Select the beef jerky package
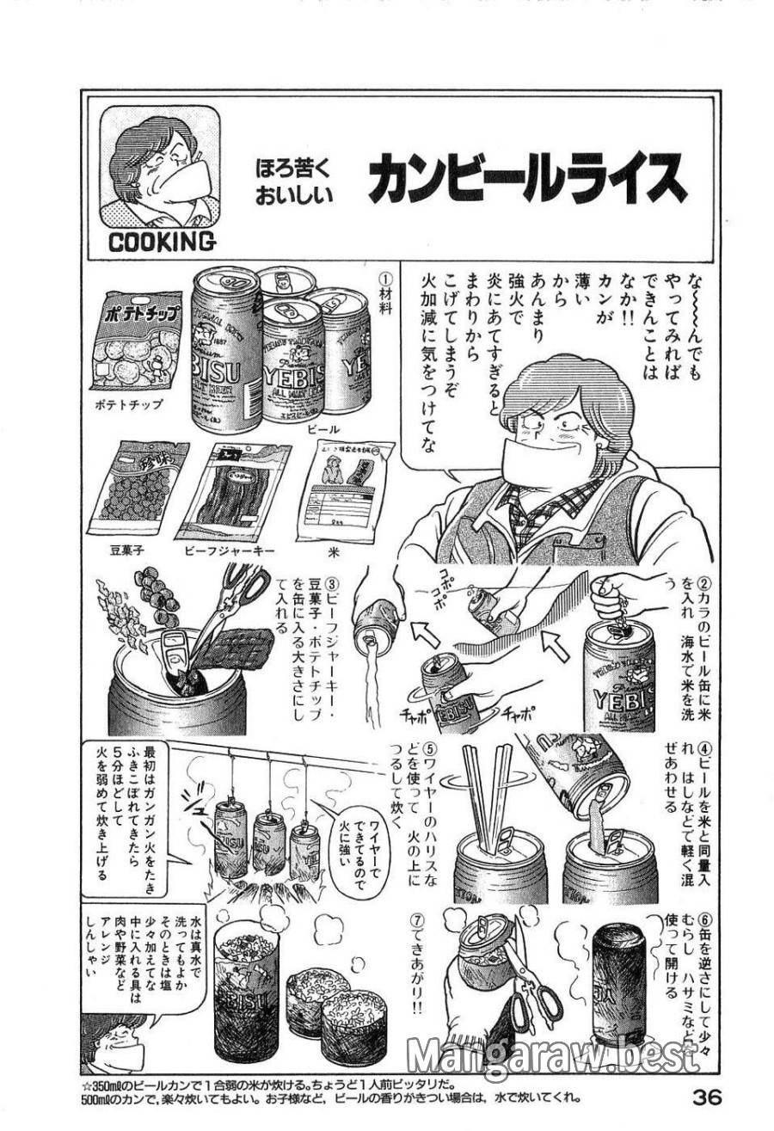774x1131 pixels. pyautogui.click(x=234, y=490)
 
